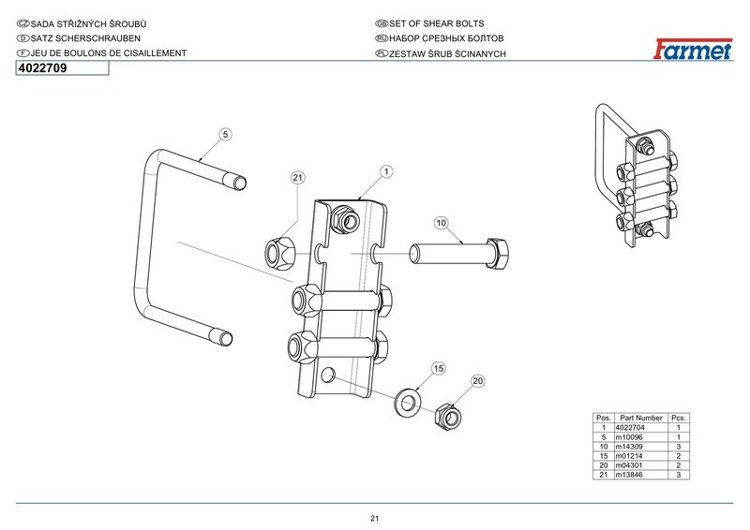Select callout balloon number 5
point(225,135)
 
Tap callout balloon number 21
point(297,177)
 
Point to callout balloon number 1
point(385,171)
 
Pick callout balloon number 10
point(442,223)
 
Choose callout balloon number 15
point(438,369)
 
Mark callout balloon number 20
point(477,381)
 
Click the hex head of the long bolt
point(498,253)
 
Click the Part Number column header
point(641,417)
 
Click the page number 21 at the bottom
point(374,519)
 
